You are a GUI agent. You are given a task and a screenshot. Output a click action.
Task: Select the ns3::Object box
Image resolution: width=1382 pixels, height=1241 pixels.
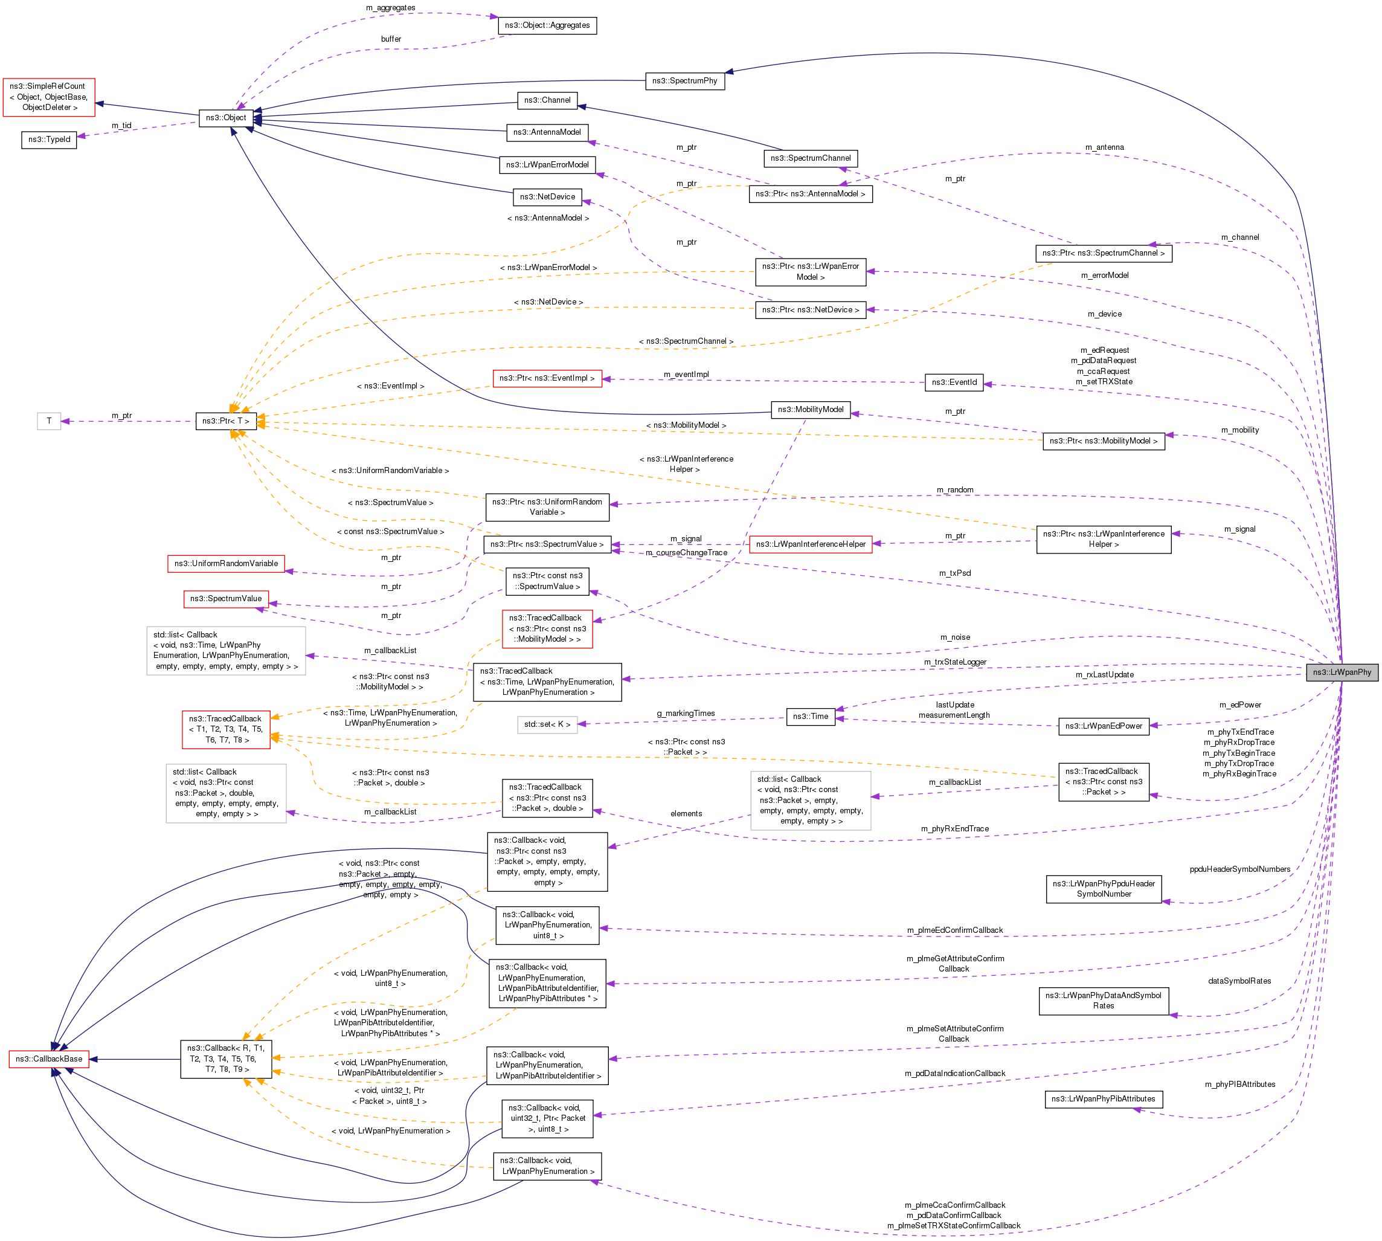coord(226,117)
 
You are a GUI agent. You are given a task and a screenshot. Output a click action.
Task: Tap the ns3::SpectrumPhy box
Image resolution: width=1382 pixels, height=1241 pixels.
coord(684,80)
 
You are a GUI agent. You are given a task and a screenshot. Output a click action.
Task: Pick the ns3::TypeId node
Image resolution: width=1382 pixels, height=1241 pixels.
coord(49,139)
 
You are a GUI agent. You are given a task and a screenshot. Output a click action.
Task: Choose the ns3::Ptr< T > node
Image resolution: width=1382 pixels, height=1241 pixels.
coord(226,421)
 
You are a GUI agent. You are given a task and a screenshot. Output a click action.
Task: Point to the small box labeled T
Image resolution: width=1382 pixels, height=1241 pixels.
coord(49,421)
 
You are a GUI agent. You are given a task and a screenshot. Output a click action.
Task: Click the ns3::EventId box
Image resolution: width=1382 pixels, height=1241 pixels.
coord(953,382)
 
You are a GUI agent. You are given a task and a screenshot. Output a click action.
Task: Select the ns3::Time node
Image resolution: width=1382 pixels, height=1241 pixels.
coord(810,716)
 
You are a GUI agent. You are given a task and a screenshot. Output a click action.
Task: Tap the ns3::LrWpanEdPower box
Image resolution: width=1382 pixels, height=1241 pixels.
coord(1103,726)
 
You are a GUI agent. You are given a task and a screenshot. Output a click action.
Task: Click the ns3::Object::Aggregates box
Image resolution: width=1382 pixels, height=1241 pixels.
coord(547,25)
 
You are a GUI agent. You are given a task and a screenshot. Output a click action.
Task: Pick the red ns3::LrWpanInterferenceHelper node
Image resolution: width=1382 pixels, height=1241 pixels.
coord(810,544)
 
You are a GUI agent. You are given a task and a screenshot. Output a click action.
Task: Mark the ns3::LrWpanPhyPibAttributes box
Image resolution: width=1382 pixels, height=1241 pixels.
coord(1102,1098)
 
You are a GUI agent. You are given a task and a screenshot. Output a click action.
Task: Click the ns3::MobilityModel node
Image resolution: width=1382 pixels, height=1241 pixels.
coord(810,409)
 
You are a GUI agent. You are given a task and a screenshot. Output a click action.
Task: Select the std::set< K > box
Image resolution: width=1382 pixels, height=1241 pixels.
coord(547,724)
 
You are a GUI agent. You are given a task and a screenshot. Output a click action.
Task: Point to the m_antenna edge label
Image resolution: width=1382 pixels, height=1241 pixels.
coord(1105,147)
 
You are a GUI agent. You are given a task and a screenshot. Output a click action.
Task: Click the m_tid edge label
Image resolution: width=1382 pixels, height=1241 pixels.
coord(121,126)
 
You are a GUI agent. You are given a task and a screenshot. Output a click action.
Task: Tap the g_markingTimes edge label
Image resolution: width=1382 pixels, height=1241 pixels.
coord(685,713)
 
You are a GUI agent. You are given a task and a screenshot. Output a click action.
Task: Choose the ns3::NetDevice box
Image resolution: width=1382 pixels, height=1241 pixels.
coord(547,196)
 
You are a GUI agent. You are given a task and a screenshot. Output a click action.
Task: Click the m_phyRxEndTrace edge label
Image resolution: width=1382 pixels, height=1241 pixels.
coord(954,828)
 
